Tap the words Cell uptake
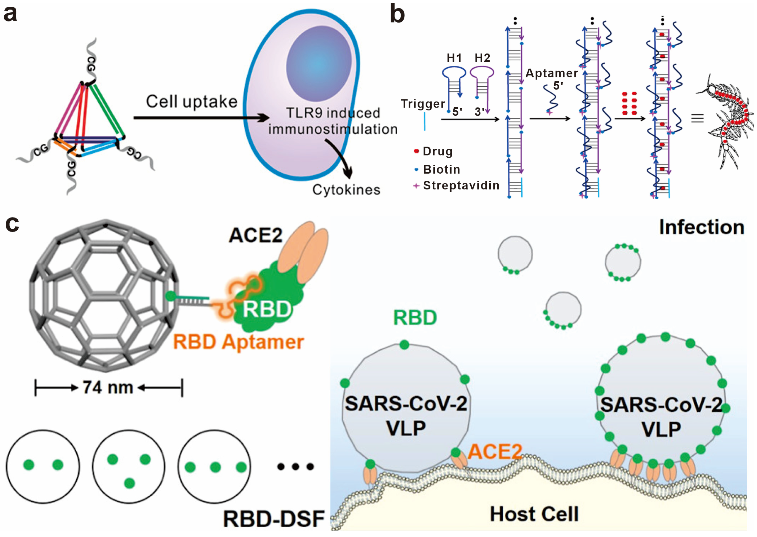point(192,102)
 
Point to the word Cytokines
point(346,190)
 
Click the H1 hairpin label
point(454,58)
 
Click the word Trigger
point(423,104)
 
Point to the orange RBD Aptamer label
point(238,342)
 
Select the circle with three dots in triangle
point(128,467)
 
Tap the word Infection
point(701,228)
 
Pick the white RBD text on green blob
point(267,309)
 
